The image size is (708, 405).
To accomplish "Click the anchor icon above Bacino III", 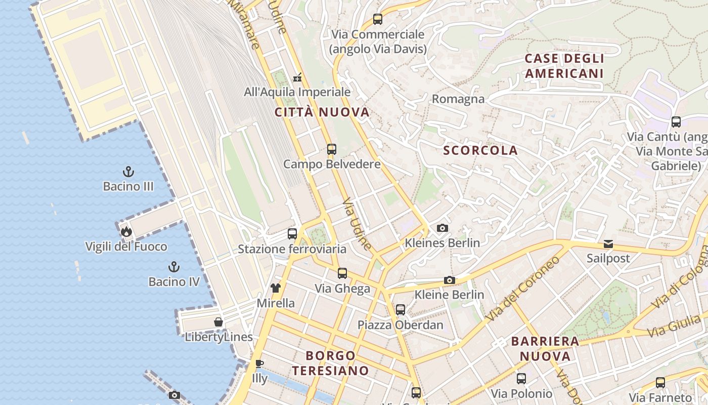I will coord(128,172).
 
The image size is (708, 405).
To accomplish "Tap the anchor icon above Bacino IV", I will coord(174,267).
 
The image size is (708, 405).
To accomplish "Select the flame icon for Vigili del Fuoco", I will coord(126,232).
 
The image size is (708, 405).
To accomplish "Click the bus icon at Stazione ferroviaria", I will coord(292,234).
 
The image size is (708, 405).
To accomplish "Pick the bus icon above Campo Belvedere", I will coord(332,149).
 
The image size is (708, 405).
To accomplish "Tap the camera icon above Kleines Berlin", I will coord(442,228).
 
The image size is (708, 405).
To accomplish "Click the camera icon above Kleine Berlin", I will coord(450,280).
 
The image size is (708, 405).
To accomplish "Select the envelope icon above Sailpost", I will coord(608,244).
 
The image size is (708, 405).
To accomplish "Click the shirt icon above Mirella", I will coord(276,289).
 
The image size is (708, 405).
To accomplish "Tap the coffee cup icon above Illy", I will coord(259,363).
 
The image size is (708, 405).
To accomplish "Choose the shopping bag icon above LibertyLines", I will coord(218,322).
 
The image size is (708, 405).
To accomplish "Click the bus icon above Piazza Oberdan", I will coord(401,309).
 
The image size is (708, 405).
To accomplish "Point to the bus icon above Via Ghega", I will coord(342,274).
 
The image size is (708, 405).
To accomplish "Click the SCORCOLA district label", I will coord(480,150).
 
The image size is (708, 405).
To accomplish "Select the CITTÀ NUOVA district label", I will coord(322,112).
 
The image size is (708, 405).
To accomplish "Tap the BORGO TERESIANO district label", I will coord(330,363).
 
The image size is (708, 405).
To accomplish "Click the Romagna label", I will coord(458,99).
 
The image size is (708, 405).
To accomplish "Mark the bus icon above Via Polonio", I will coord(521,378).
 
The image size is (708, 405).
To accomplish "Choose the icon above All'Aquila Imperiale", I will coord(297,77).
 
